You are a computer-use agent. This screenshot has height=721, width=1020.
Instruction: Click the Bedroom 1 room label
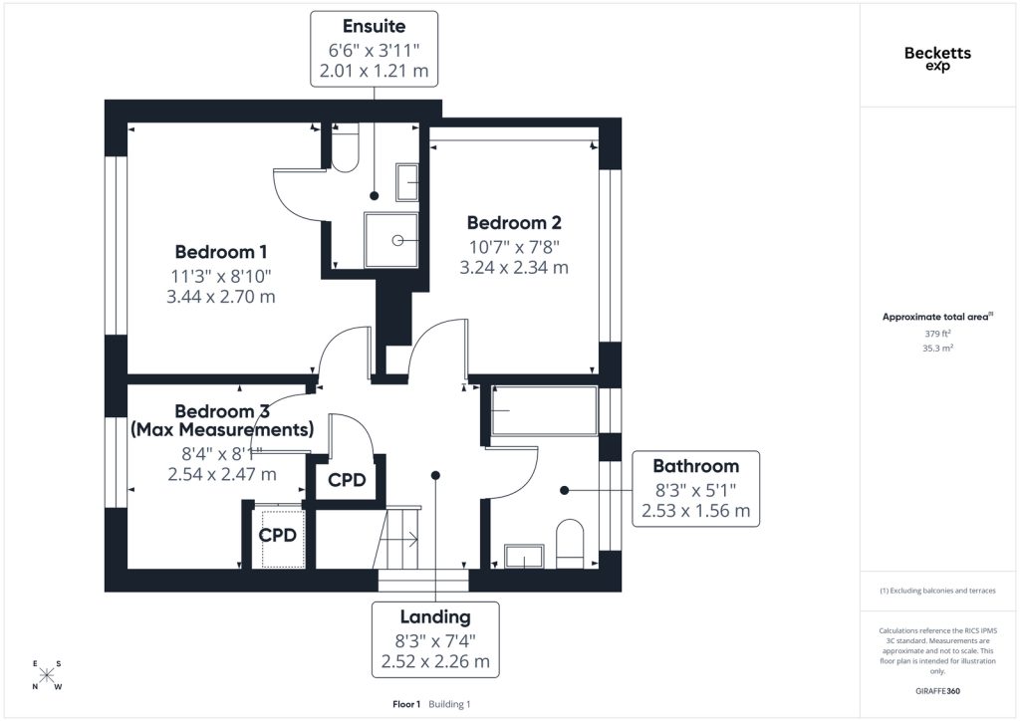click(x=221, y=252)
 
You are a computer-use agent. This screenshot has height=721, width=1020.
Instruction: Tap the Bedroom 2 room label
click(x=514, y=222)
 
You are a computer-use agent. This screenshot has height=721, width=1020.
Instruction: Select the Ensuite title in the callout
click(x=375, y=26)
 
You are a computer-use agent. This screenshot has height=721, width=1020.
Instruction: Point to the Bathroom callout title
click(x=696, y=466)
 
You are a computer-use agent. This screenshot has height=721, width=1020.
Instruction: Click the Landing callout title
click(x=435, y=617)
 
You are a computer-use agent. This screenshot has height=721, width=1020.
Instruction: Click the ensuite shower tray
click(x=390, y=240)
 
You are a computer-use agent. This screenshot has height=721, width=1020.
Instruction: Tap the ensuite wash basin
click(x=406, y=182)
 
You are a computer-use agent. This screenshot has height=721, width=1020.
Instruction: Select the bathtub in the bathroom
click(x=545, y=411)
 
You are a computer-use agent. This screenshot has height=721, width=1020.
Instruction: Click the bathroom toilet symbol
click(x=570, y=543)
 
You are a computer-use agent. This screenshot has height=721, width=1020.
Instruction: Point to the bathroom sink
click(x=524, y=556)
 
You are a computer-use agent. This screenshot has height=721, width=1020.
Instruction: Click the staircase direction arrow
click(x=403, y=539)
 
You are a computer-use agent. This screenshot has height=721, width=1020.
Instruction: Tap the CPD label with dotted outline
click(x=278, y=535)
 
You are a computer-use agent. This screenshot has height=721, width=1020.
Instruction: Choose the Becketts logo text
click(x=937, y=54)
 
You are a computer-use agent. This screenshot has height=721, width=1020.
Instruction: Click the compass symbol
click(x=46, y=675)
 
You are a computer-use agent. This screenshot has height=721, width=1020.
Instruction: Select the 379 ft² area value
click(x=937, y=334)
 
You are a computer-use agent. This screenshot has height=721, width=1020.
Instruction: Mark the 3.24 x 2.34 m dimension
click(x=514, y=267)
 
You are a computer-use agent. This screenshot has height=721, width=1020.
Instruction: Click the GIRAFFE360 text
click(x=937, y=691)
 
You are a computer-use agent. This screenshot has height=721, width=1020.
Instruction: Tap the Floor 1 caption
click(x=406, y=704)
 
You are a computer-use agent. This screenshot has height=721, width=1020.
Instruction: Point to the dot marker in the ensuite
click(x=375, y=196)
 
